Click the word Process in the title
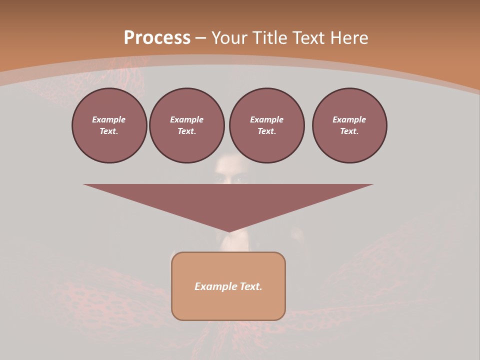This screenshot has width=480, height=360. pyautogui.click(x=157, y=38)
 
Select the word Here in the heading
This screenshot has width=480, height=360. pyautogui.click(x=348, y=38)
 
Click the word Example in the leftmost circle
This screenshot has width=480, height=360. pyautogui.click(x=109, y=119)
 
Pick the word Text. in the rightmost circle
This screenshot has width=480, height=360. pyautogui.click(x=349, y=131)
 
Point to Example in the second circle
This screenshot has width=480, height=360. pyautogui.click(x=187, y=119)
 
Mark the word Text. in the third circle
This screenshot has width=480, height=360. pyautogui.click(x=266, y=131)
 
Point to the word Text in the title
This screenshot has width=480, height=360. pyautogui.click(x=306, y=38)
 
